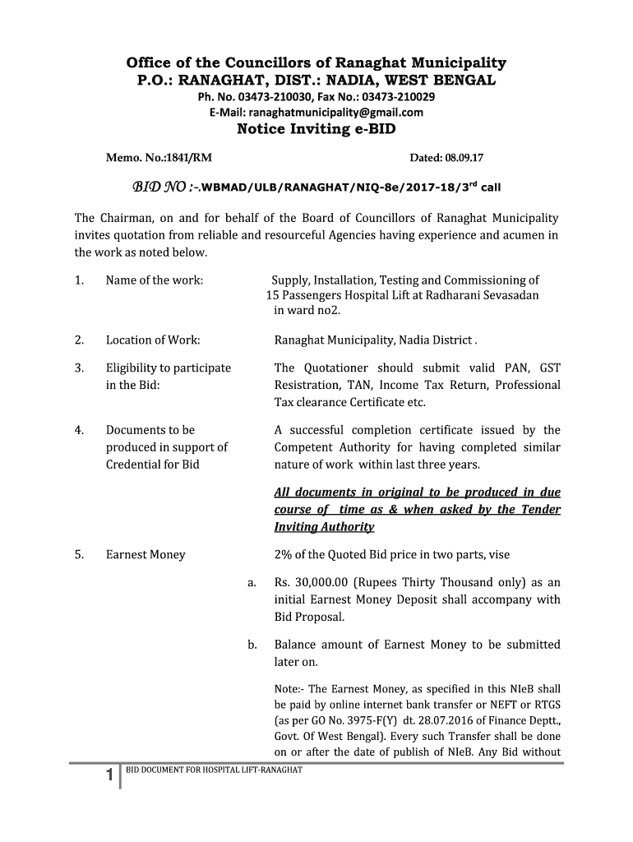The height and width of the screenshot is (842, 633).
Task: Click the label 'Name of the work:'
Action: (155, 280)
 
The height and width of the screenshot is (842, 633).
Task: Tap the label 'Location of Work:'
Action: (153, 340)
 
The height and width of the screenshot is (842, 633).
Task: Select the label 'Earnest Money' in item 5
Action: (146, 554)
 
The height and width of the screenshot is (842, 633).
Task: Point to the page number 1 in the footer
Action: (109, 776)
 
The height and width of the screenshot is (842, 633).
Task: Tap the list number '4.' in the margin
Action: (79, 430)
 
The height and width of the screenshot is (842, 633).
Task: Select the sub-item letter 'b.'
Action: (252, 645)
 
